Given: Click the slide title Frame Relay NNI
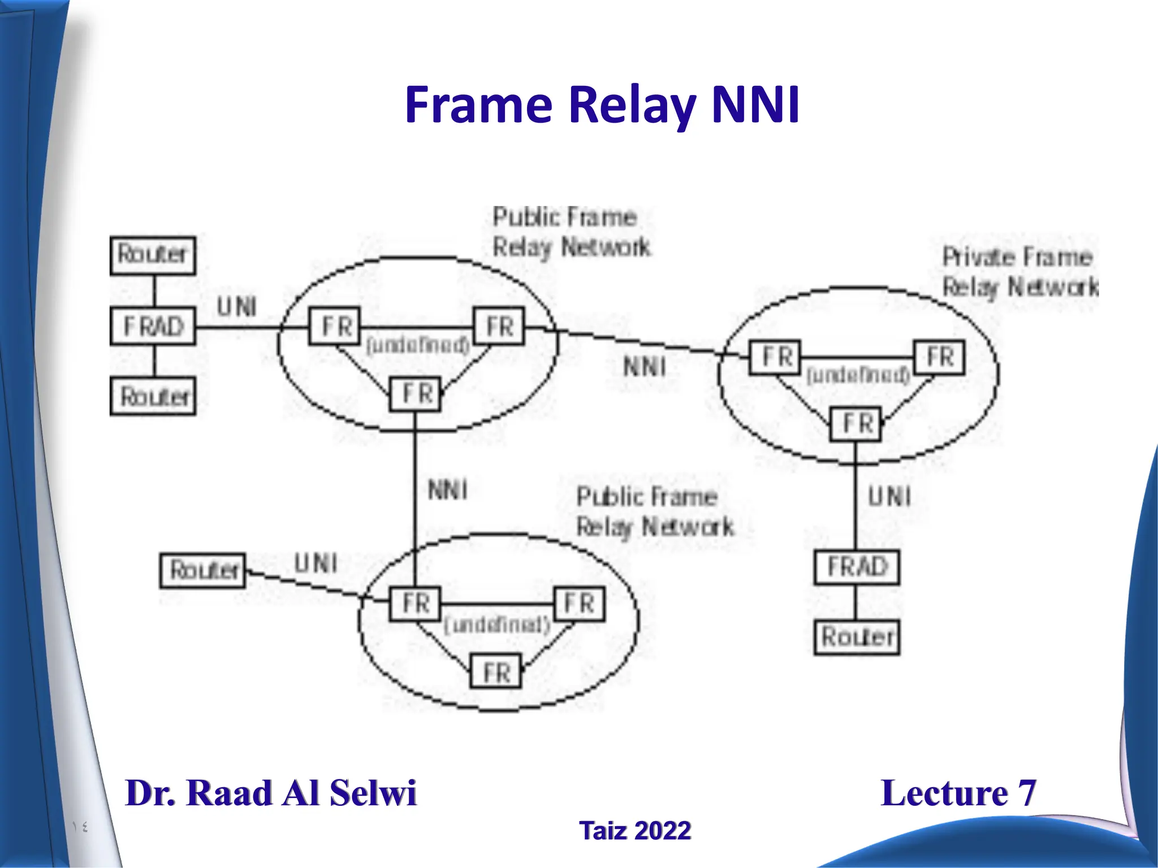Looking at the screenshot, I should (x=602, y=105).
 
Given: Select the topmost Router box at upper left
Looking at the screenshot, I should (x=153, y=255).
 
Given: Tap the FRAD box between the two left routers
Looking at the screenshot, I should (x=153, y=327).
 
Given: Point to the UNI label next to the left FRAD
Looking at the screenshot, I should (x=237, y=307).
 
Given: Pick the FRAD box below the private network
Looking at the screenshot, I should (x=857, y=567).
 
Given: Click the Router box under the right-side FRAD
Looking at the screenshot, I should (x=857, y=637).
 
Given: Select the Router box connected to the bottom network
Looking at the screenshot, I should (x=203, y=571).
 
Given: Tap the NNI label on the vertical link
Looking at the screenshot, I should (x=448, y=489).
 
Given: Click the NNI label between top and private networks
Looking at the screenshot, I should (x=645, y=367).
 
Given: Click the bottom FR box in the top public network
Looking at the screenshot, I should (x=416, y=393).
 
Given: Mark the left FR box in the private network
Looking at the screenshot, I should (x=775, y=357).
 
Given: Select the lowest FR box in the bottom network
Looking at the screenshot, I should (x=496, y=672).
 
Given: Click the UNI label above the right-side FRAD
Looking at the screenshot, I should (x=889, y=497).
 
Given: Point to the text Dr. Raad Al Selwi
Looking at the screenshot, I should (x=271, y=793).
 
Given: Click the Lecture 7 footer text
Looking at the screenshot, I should (x=958, y=793).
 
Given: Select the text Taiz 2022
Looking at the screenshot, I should (x=634, y=831).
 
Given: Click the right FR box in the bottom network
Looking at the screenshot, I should (x=580, y=604).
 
